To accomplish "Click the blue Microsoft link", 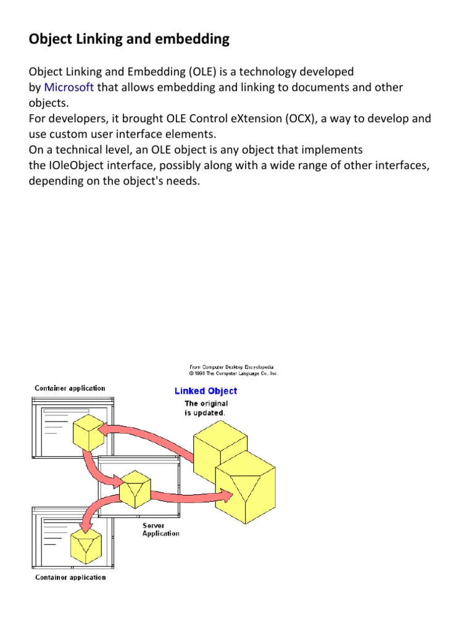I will pyautogui.click(x=69, y=88).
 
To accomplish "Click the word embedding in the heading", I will pyautogui.click(x=196, y=39).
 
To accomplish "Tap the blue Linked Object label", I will pyautogui.click(x=206, y=391).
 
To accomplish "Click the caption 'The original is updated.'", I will pyautogui.click(x=206, y=408).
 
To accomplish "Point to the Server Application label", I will pyautogui.click(x=160, y=530).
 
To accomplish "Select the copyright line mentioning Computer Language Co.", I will pyautogui.click(x=233, y=373).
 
